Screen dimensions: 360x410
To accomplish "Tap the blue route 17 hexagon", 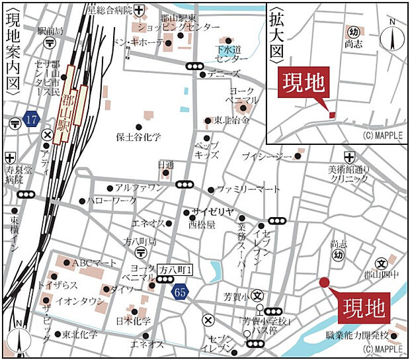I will coord(31,120).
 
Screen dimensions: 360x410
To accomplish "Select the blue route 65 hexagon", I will coord(180,291).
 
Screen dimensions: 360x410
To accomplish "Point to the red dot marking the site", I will coord(324,283).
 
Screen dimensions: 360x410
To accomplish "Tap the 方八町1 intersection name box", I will coord(175,270).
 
